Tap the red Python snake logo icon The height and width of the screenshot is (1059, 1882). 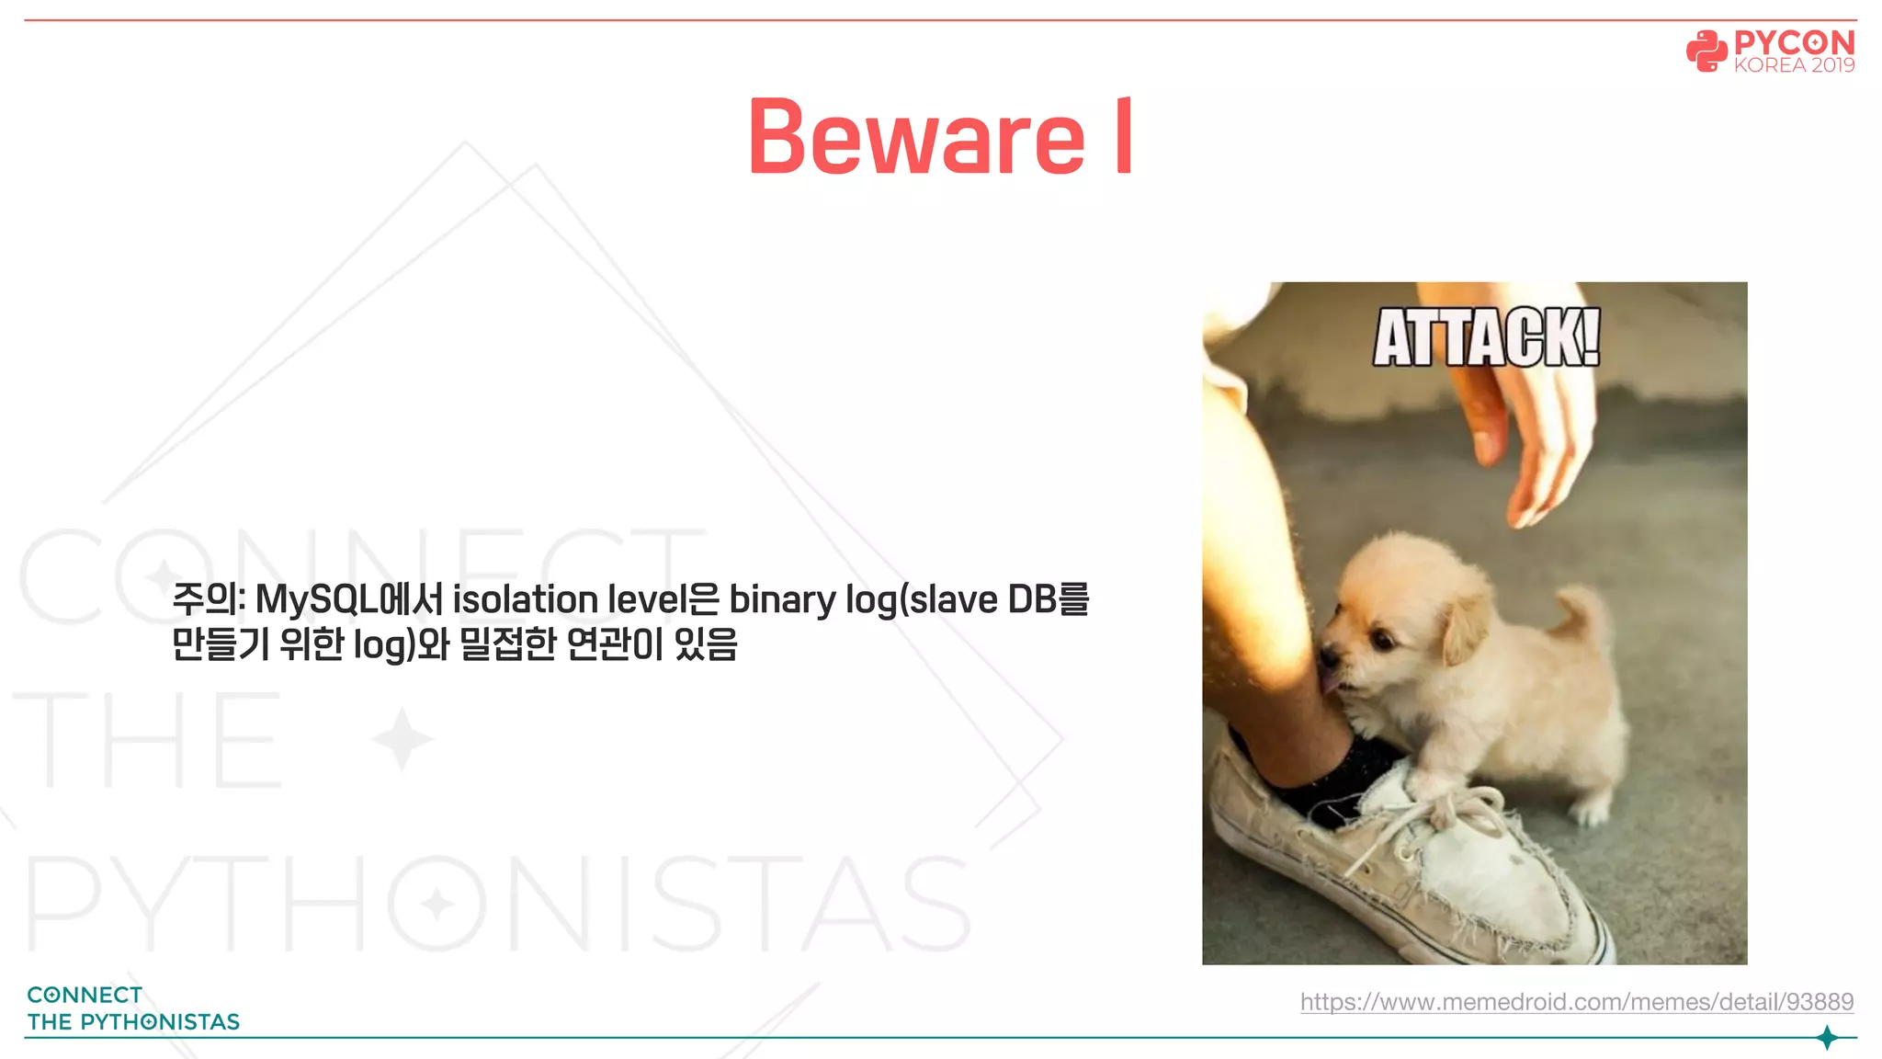(x=1706, y=51)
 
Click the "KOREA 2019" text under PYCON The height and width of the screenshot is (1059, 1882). (x=1794, y=65)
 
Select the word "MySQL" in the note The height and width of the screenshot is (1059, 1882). (x=316, y=600)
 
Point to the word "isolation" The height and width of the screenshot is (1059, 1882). (x=525, y=600)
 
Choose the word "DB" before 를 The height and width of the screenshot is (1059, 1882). (x=1032, y=600)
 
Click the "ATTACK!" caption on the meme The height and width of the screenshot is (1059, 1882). (x=1486, y=338)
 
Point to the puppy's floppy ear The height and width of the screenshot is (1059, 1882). (x=1466, y=625)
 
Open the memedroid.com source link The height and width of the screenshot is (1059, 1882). (x=1576, y=1001)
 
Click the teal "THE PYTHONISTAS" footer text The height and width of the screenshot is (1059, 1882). (x=133, y=1022)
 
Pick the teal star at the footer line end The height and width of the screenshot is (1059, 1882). (x=1827, y=1038)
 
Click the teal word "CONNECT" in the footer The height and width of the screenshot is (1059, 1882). (x=85, y=996)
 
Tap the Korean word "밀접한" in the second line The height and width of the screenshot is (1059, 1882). (x=507, y=644)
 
